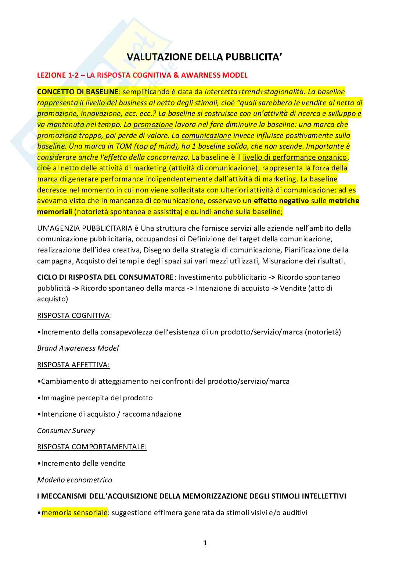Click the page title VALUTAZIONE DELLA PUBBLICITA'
tap(205, 57)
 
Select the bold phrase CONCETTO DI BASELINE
tap(78, 92)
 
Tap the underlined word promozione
tap(153, 125)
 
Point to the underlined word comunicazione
tap(206, 136)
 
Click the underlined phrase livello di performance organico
tap(295, 157)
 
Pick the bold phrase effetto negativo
tap(281, 201)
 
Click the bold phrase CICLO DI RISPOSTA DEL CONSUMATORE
tap(105, 277)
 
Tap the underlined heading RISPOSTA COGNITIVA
tap(73, 316)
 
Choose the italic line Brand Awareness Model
tap(78, 348)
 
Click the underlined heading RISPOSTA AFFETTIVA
tap(73, 365)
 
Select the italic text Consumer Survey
tap(66, 431)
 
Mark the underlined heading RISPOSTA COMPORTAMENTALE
tap(92, 447)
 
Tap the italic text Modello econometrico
tap(75, 480)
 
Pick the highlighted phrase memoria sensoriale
tap(75, 513)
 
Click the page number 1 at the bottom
tap(205, 543)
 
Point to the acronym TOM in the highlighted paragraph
tap(124, 146)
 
